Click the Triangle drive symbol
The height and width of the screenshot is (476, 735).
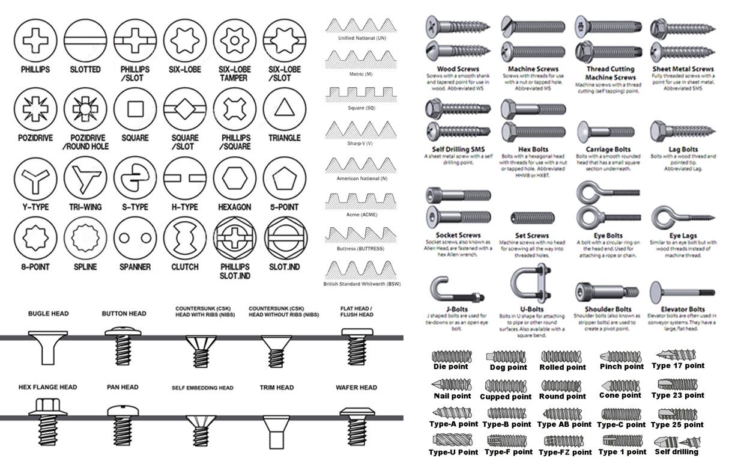click(x=285, y=109)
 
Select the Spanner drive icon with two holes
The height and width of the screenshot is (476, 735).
click(x=135, y=237)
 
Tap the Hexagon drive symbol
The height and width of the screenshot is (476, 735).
click(x=235, y=178)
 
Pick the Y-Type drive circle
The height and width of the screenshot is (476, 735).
click(x=35, y=178)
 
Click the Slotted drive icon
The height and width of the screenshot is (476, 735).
click(x=85, y=40)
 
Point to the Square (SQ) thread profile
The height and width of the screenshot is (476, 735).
click(x=363, y=94)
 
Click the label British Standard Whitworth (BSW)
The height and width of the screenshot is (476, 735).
click(x=363, y=284)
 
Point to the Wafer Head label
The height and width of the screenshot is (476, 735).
click(x=356, y=388)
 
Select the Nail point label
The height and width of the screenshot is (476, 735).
click(x=452, y=396)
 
